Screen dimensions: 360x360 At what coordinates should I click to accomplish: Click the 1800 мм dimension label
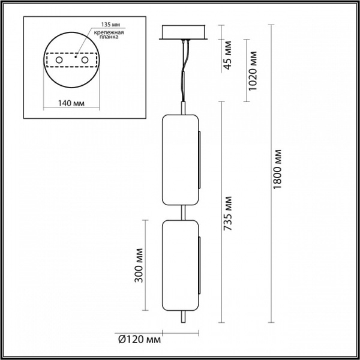277,171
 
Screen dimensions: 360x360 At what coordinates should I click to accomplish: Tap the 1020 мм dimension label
253,71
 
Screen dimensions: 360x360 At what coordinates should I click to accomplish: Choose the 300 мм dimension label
140,262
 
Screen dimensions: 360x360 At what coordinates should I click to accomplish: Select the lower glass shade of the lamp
181,264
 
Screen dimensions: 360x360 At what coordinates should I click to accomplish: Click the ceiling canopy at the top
184,34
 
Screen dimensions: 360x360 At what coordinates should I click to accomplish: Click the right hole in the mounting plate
86,61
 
